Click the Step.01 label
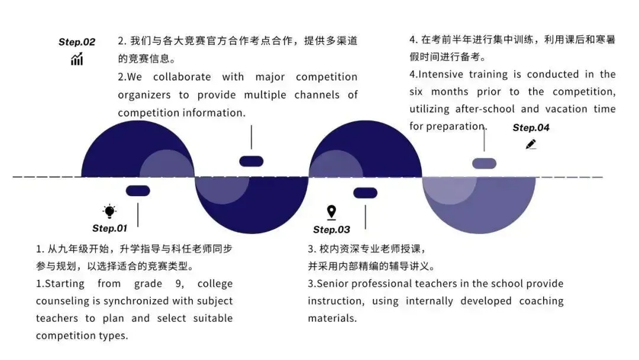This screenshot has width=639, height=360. (109, 229)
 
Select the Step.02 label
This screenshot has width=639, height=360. (77, 42)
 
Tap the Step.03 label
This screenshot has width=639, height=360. (331, 230)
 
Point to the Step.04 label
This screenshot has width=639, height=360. (531, 128)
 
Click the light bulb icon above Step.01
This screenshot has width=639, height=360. (109, 211)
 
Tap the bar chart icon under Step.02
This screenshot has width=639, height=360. (77, 59)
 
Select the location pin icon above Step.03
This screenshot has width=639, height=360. (331, 212)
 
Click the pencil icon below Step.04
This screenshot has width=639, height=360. (531, 144)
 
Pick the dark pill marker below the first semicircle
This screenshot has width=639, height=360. (138, 191)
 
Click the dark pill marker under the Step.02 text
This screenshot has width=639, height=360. (251, 161)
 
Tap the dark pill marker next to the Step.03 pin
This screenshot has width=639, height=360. (365, 193)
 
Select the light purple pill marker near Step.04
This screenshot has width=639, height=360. (484, 163)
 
